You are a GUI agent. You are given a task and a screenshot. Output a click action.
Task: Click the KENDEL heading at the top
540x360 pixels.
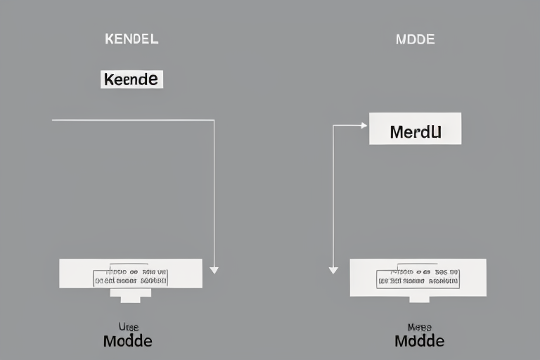click(x=131, y=39)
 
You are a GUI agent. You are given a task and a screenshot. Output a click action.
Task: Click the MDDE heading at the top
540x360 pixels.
click(x=416, y=39)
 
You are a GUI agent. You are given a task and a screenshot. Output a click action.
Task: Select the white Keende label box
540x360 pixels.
click(x=131, y=79)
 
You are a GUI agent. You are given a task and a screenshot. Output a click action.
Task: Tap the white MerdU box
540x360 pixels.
click(x=415, y=129)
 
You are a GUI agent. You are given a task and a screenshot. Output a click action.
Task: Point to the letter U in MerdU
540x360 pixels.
click(x=436, y=131)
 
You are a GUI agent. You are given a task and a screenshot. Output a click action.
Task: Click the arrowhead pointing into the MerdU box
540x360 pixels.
click(x=364, y=126)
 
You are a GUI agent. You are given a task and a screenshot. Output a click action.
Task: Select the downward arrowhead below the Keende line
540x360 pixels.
click(x=214, y=270)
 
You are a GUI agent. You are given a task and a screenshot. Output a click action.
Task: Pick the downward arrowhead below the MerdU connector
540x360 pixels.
click(x=333, y=270)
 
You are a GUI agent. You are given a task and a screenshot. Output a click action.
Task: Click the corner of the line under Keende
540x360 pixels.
click(x=214, y=120)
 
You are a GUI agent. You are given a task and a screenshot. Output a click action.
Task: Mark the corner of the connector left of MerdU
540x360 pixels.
click(x=333, y=126)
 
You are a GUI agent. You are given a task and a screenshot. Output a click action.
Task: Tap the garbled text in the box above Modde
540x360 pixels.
click(x=131, y=275)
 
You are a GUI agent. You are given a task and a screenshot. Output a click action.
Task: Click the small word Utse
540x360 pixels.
click(x=127, y=326)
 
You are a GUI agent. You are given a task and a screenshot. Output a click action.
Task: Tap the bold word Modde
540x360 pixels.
click(x=127, y=341)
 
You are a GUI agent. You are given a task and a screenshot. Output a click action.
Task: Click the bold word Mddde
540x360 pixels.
click(x=419, y=341)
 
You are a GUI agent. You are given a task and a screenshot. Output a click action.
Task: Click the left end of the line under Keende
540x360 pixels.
click(x=53, y=120)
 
